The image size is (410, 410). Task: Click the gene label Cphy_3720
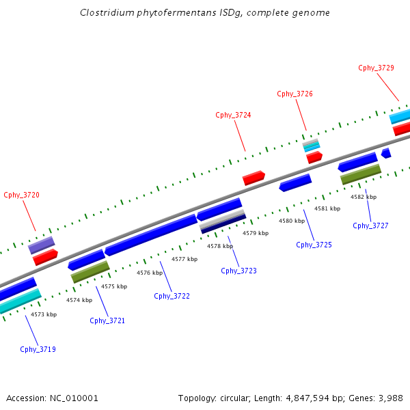click(21, 195)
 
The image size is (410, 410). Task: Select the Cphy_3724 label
click(233, 115)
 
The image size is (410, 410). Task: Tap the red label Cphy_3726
click(295, 94)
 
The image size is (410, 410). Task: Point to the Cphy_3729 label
click(376, 68)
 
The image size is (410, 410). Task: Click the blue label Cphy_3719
click(38, 349)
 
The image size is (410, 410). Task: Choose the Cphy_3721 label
click(107, 320)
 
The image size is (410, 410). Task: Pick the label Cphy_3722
click(172, 296)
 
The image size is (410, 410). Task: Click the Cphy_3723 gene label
click(238, 271)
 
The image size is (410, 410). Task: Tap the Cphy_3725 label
click(314, 245)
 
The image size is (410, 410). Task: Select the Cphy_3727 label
click(370, 225)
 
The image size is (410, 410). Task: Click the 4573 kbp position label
click(44, 314)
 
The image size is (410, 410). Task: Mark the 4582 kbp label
click(363, 196)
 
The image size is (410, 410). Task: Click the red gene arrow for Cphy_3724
click(254, 178)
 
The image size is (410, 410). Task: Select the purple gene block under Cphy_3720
click(41, 245)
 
